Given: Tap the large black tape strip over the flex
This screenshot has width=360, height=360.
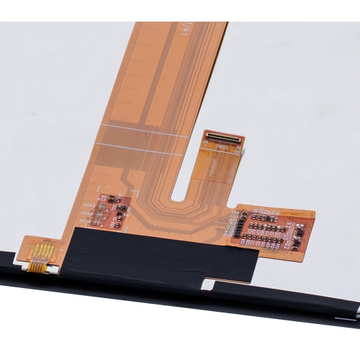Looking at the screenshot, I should click(x=158, y=256).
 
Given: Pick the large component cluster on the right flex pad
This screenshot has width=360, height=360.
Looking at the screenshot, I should click(x=270, y=229).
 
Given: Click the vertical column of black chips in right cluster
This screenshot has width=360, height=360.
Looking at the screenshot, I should click(x=242, y=225).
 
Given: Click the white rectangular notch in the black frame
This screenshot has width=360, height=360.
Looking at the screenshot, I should click(x=207, y=284).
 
